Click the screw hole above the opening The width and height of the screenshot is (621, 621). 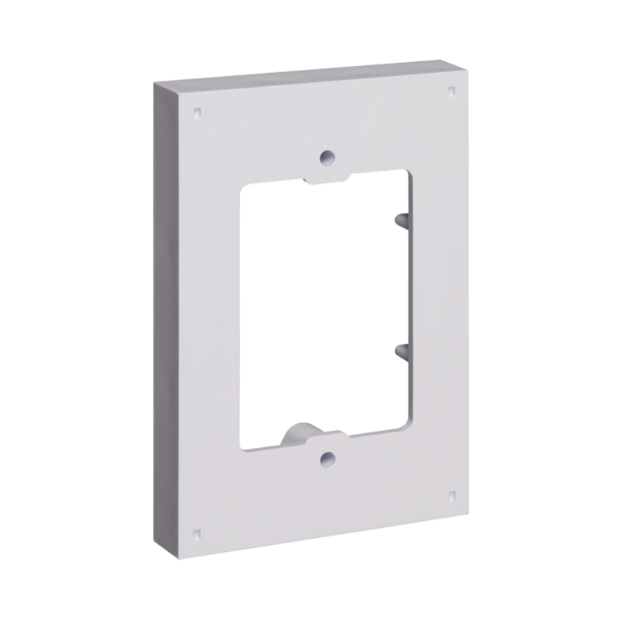click(x=328, y=155)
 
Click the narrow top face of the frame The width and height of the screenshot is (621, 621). click(x=310, y=71)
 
